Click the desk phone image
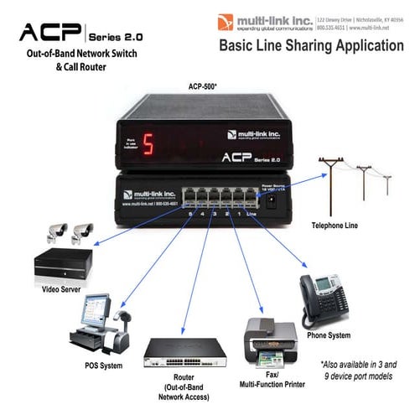point(326,298)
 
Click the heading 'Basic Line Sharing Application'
point(310,45)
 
